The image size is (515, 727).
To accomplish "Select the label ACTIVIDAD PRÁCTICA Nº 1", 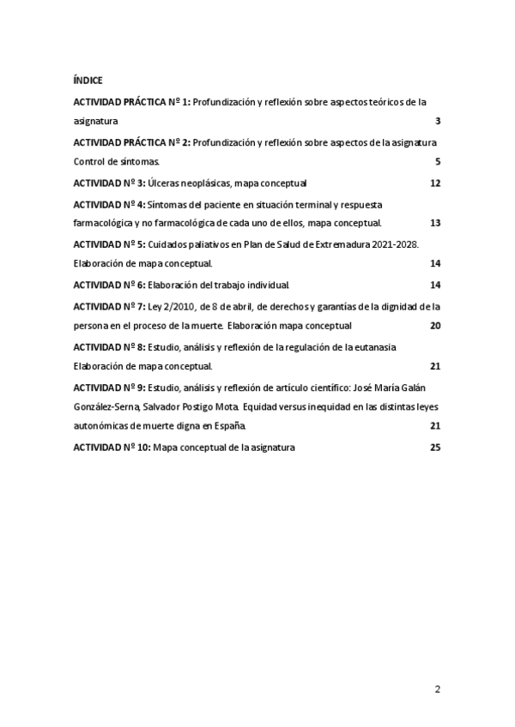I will tap(131, 101).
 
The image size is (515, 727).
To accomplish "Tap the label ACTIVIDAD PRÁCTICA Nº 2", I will tap(131, 141).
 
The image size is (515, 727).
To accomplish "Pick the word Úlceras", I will tap(164, 183).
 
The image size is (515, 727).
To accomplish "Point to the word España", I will tap(229, 426).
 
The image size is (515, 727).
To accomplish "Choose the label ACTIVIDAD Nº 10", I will tap(111, 448).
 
